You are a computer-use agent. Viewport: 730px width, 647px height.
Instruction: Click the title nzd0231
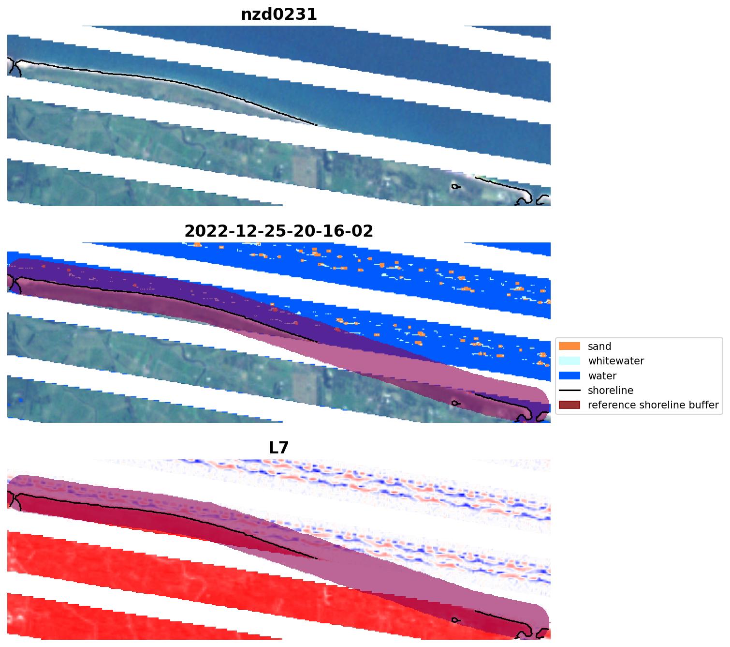pyautogui.click(x=279, y=15)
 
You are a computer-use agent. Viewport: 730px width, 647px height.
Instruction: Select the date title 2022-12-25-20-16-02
pyautogui.click(x=279, y=231)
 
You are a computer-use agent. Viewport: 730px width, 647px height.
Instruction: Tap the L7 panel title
pyautogui.click(x=279, y=448)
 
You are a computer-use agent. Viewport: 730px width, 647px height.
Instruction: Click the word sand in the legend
pyautogui.click(x=599, y=346)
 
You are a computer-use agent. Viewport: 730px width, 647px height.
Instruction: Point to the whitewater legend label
pyautogui.click(x=616, y=361)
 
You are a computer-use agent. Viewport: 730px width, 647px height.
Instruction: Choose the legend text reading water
pyautogui.click(x=602, y=376)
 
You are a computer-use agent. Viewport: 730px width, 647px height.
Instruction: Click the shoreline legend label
pyautogui.click(x=611, y=391)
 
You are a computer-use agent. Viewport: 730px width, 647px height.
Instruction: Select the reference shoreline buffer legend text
pyautogui.click(x=653, y=405)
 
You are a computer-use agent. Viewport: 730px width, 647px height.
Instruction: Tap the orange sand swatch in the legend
pyautogui.click(x=569, y=346)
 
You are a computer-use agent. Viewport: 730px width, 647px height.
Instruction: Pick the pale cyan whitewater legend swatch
pyautogui.click(x=569, y=361)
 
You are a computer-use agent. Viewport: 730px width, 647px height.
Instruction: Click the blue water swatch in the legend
pyautogui.click(x=569, y=376)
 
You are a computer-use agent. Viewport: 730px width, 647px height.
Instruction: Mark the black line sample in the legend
pyautogui.click(x=569, y=391)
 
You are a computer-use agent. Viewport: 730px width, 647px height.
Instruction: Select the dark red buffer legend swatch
pyautogui.click(x=569, y=405)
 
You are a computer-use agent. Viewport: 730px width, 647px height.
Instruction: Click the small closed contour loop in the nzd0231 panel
pyautogui.click(x=455, y=186)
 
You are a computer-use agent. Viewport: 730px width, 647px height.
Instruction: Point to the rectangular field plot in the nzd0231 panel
pyautogui.click(x=305, y=172)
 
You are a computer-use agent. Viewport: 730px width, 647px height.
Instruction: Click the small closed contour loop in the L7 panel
pyautogui.click(x=455, y=620)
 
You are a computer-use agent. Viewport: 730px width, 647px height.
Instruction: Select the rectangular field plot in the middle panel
pyautogui.click(x=305, y=389)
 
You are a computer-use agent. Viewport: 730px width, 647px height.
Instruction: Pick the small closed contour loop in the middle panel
pyautogui.click(x=455, y=403)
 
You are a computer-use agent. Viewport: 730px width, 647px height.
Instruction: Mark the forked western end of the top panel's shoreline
pyautogui.click(x=14, y=67)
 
